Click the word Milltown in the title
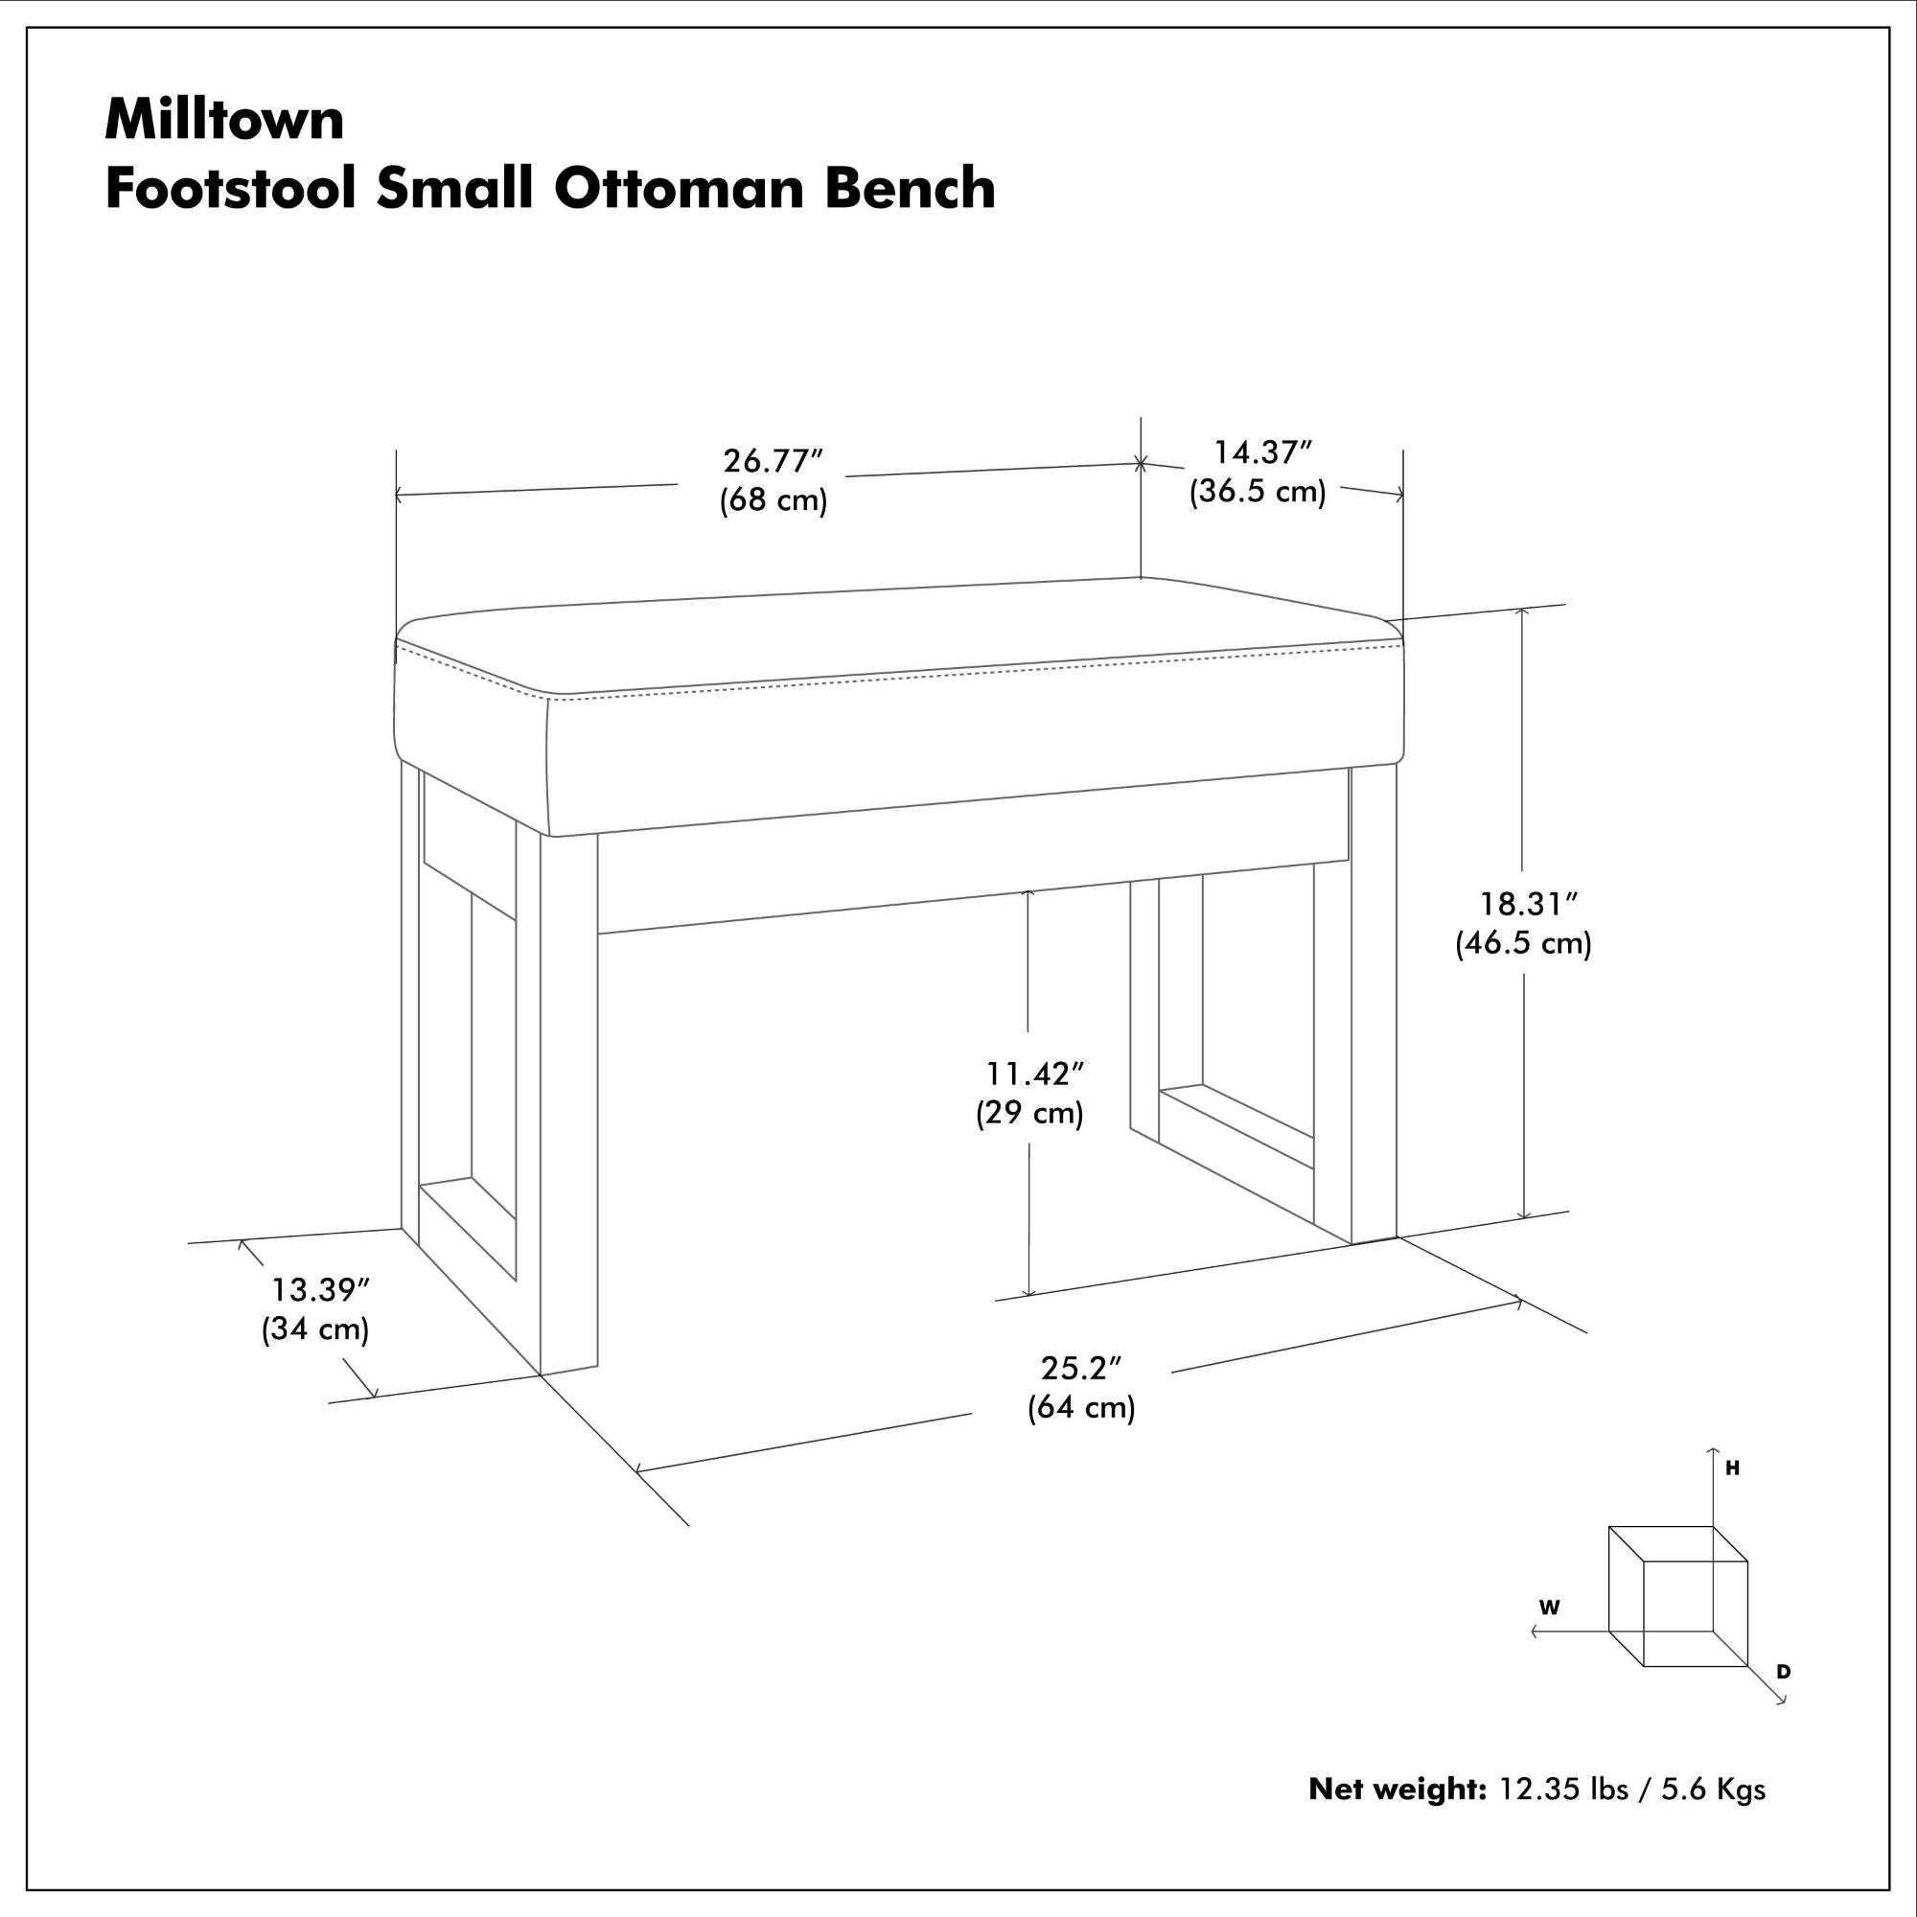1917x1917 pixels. pos(225,119)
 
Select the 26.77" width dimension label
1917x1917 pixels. pos(774,461)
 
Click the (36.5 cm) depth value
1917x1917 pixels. pos(1259,491)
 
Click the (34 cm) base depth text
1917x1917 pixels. pos(315,1328)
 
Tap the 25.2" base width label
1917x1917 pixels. pos(1080,1369)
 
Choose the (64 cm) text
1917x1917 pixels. pos(1080,1407)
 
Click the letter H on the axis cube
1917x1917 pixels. pos(1732,1468)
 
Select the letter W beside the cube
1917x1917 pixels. pos(1549,1607)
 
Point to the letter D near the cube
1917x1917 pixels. pos(1783,1672)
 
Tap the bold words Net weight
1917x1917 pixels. pos(1397,1789)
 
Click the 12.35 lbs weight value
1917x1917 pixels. pos(1562,1789)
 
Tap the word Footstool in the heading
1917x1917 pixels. pos(230,188)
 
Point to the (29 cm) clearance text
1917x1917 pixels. pos(1030,1113)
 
